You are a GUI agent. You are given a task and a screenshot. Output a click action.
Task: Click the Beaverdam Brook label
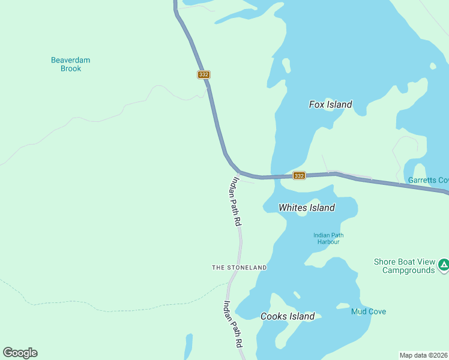tap(70, 64)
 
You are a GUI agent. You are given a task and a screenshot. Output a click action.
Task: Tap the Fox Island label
tap(330, 104)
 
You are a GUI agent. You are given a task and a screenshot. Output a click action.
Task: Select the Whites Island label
tap(306, 208)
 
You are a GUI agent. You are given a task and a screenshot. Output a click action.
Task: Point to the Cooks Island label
tap(288, 316)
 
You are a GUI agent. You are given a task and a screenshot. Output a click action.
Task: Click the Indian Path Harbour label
tap(328, 238)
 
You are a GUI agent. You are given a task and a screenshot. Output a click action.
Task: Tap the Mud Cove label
tap(369, 311)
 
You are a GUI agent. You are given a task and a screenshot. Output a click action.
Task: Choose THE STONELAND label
tap(239, 267)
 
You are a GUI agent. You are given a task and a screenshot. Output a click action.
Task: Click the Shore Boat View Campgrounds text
tap(404, 266)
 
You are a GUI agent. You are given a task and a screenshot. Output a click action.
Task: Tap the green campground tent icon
tap(443, 265)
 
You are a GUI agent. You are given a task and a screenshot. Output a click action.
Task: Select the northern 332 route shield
tap(203, 74)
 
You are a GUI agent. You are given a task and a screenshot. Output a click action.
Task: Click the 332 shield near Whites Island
tap(299, 176)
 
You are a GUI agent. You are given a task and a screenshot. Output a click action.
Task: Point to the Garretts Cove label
tap(428, 180)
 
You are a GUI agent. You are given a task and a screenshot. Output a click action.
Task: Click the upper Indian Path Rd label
tap(234, 202)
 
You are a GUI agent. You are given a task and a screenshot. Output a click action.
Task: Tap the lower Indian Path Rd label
tap(233, 324)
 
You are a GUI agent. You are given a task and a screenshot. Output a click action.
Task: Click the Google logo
tap(20, 353)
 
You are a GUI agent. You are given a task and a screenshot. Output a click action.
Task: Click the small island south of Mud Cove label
tap(342, 307)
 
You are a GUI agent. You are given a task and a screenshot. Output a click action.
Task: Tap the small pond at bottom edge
tap(188, 347)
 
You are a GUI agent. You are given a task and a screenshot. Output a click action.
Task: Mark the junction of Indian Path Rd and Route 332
tap(238, 173)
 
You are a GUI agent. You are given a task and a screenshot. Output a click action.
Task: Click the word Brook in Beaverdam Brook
tap(70, 69)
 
